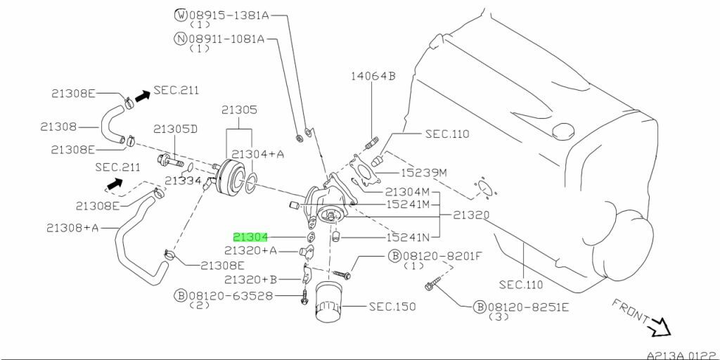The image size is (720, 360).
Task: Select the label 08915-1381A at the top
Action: pos(229,14)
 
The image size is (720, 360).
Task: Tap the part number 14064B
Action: pos(373,77)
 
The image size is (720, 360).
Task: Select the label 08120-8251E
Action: pos(528,307)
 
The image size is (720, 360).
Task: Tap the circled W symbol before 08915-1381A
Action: pos(181,14)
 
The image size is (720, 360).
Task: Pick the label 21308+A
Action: pos(73,226)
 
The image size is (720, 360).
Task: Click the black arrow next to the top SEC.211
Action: pos(143,96)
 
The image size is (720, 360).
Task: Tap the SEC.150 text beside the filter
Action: pos(392,307)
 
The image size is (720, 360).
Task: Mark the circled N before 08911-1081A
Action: pos(181,39)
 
